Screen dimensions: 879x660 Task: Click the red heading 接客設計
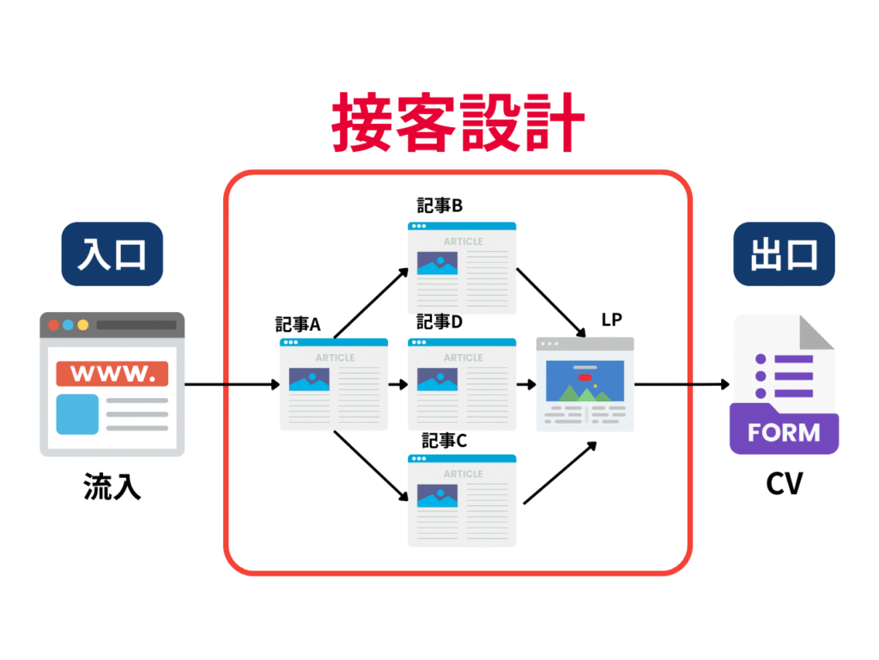click(458, 122)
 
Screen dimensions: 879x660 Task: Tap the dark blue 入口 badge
click(112, 254)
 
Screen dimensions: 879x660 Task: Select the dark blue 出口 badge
click(784, 254)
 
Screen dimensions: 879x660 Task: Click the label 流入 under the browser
click(112, 486)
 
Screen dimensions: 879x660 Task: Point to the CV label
click(785, 483)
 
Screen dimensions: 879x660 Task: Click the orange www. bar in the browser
click(112, 373)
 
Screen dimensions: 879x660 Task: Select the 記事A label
click(298, 324)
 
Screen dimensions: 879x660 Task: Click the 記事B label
click(439, 205)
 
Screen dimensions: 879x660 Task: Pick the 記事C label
click(444, 441)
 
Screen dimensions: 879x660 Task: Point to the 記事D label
click(439, 321)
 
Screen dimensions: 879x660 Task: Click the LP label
click(611, 320)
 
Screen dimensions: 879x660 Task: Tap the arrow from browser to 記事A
click(232, 384)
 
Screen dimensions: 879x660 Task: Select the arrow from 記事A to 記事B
click(371, 303)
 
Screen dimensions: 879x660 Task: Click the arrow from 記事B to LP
click(551, 302)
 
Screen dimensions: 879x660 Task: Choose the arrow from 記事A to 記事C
click(371, 466)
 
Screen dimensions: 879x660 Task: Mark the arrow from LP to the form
click(682, 384)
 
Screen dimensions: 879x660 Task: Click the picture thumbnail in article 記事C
click(437, 496)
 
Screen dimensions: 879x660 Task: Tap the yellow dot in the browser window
click(83, 325)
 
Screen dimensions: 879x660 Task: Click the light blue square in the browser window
click(77, 414)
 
